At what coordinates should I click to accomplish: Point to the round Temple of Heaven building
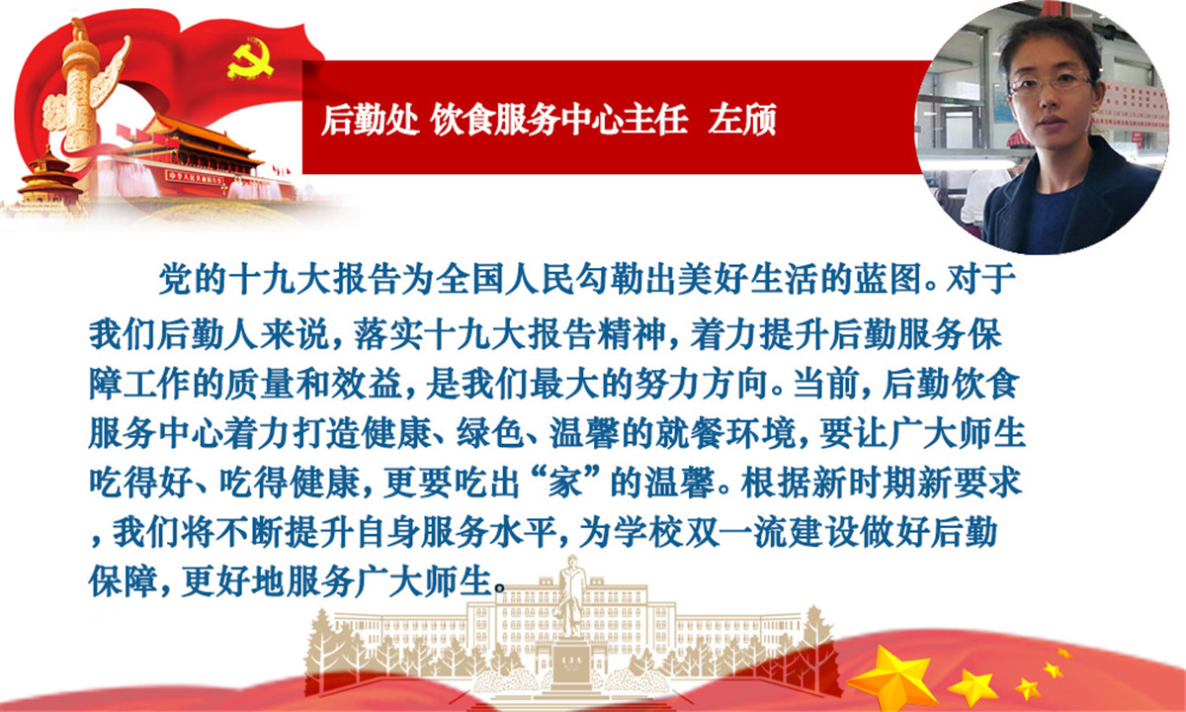click(48, 177)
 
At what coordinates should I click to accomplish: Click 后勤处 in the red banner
click(370, 120)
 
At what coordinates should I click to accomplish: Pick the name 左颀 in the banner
click(742, 120)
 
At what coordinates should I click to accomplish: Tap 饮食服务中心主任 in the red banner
click(559, 120)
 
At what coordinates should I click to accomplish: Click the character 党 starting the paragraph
click(175, 279)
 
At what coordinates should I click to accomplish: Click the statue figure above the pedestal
click(572, 596)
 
